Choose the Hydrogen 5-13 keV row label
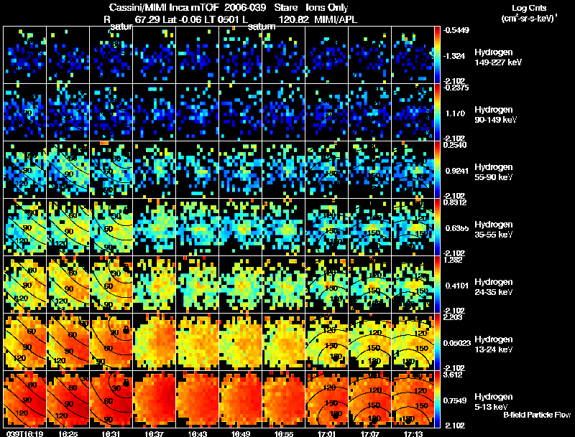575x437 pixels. pos(493,401)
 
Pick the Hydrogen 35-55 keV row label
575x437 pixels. pos(493,229)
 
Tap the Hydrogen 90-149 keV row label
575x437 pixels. pos(493,114)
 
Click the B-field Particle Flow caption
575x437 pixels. pos(535,415)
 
